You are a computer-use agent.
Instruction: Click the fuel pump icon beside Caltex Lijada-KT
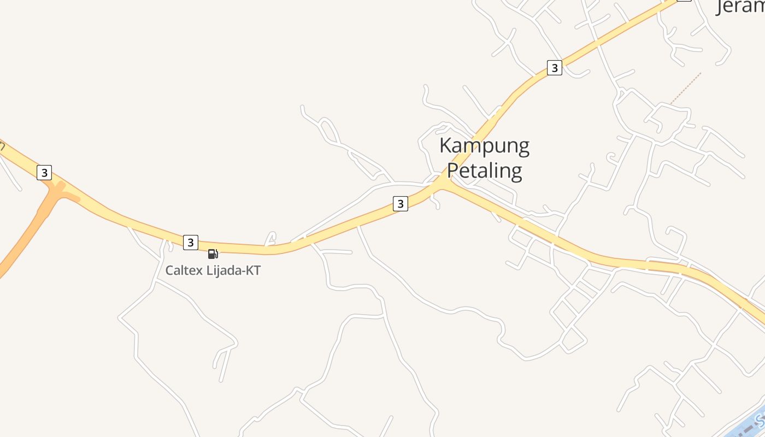(x=213, y=253)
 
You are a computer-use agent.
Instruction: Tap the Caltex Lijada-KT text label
(x=213, y=270)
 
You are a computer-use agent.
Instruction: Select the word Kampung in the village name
(x=484, y=146)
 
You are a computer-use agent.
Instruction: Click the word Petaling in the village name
(x=484, y=170)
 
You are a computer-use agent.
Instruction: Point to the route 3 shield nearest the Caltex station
(x=190, y=242)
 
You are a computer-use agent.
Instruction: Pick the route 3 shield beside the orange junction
(x=44, y=173)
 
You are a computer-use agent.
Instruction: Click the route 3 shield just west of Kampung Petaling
(x=401, y=204)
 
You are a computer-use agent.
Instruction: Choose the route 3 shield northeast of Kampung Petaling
(x=555, y=68)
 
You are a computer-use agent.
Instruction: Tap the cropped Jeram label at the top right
(x=740, y=7)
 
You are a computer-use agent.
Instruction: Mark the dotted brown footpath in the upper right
(x=685, y=88)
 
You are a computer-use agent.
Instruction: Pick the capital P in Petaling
(x=454, y=170)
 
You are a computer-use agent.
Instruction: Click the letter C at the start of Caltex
(x=170, y=270)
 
